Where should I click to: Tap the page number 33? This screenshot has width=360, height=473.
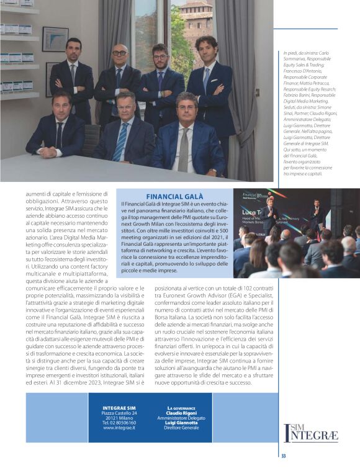(283, 456)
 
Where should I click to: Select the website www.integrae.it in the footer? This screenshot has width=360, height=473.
(119, 428)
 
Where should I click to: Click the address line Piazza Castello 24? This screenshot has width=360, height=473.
(119, 413)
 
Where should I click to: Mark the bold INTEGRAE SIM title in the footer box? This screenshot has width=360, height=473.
(119, 408)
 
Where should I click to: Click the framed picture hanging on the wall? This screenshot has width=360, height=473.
(55, 38)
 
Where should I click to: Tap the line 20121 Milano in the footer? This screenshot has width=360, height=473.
(119, 418)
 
